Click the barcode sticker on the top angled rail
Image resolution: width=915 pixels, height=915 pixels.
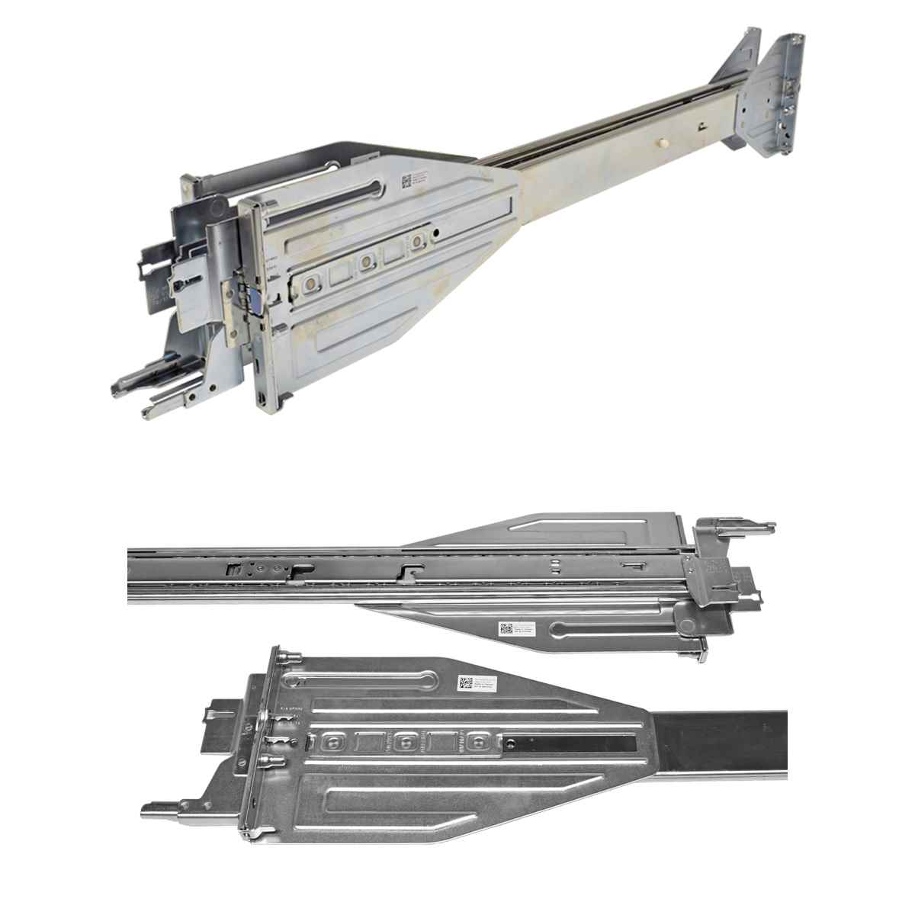407,180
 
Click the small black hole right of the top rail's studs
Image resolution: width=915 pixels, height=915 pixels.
435,234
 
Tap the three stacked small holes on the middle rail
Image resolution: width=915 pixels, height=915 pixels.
554,565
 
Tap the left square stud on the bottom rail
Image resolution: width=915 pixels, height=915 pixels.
332,741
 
